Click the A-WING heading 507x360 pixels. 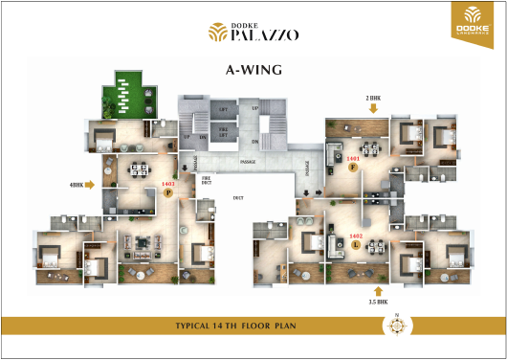pos(253,70)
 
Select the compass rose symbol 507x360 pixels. pos(395,326)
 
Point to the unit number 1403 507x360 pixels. pos(169,182)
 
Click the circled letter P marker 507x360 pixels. pos(169,192)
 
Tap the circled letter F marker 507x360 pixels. pos(353,168)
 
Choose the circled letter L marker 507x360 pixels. pos(356,245)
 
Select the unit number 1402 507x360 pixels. pos(356,236)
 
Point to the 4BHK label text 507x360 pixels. pos(77,185)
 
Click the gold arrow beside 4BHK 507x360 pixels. pos(91,185)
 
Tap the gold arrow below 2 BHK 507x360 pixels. pos(373,108)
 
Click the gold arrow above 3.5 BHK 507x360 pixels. pos(377,289)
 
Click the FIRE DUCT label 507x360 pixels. pos(205,179)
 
